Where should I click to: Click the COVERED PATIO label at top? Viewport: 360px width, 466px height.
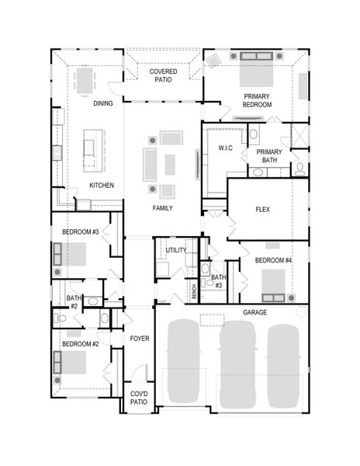coord(163,75)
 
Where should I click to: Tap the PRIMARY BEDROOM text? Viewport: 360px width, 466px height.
coord(257,99)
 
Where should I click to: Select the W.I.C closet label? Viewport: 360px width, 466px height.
coord(225,148)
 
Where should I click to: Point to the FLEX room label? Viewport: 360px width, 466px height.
coord(262,210)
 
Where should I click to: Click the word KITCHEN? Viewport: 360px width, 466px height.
coord(102,186)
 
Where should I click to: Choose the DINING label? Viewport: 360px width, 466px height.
coord(103,103)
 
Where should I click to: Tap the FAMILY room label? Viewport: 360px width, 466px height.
coord(163,208)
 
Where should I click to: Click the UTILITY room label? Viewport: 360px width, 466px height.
coord(175,250)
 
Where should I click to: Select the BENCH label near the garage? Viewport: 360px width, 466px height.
coord(194,291)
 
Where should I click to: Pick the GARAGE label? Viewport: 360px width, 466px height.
coord(254,311)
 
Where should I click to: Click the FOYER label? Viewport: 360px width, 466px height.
coord(139,339)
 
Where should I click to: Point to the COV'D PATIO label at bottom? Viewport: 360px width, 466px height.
coord(139,398)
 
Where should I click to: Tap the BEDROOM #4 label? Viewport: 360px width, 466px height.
coord(274,259)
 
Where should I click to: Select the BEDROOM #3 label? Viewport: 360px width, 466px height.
coord(81,232)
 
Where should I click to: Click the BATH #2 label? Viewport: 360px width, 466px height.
coord(74,302)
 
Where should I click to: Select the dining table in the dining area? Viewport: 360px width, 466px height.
coord(86,80)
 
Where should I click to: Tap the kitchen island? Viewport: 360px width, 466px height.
coord(91,149)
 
